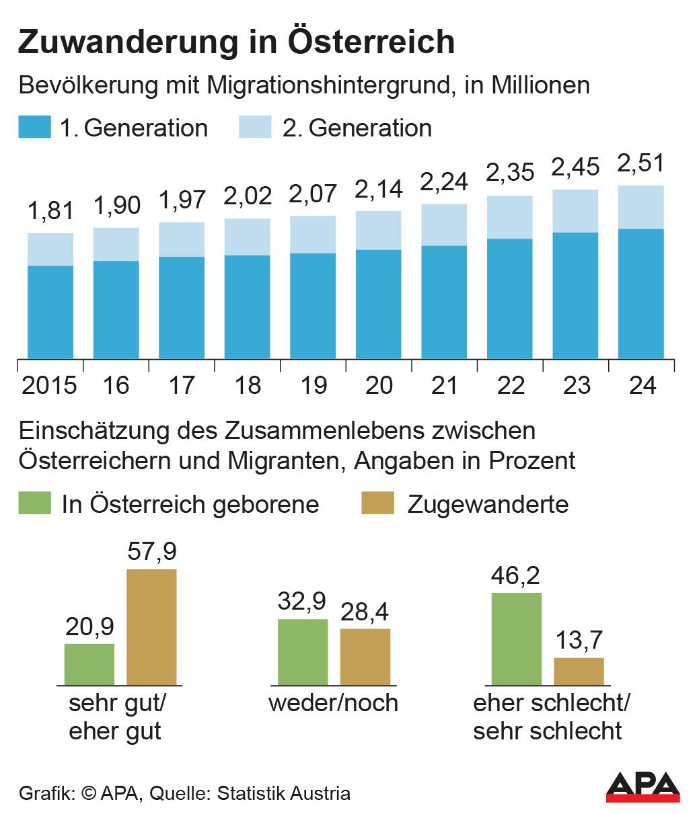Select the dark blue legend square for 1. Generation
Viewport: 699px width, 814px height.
[34, 127]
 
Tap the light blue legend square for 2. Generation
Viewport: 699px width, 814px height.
[255, 127]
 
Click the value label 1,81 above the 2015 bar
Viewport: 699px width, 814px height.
[50, 210]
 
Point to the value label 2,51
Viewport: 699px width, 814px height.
[640, 163]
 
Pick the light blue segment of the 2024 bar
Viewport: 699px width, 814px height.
[640, 207]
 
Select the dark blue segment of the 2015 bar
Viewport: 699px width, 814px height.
[50, 312]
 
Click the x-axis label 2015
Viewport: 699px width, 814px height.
[49, 385]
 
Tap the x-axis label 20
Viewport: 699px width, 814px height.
[379, 385]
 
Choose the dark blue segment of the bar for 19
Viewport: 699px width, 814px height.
[313, 306]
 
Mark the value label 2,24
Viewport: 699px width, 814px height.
[444, 181]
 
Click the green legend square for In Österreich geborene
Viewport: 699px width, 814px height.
[34, 503]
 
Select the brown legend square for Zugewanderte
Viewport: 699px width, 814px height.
[377, 503]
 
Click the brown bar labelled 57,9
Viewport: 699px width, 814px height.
[151, 627]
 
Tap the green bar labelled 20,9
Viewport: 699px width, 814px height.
[89, 664]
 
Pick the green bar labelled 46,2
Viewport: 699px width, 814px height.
[516, 639]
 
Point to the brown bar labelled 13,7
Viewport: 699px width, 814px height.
[579, 671]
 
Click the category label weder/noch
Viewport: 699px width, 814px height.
[333, 703]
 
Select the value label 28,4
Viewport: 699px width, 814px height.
[365, 612]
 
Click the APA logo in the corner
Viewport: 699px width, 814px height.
[642, 786]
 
